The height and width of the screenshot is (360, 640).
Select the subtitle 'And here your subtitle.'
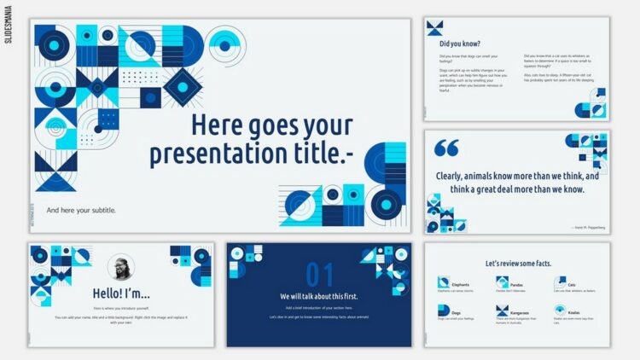(81, 210)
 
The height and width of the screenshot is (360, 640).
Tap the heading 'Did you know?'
(460, 44)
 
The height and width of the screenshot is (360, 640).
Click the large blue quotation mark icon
(446, 148)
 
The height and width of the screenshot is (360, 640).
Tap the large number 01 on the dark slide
(319, 275)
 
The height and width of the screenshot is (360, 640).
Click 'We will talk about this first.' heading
(319, 296)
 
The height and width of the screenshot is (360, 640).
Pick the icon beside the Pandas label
(501, 283)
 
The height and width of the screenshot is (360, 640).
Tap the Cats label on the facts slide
(572, 285)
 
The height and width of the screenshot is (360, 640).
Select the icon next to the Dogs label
(444, 311)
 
